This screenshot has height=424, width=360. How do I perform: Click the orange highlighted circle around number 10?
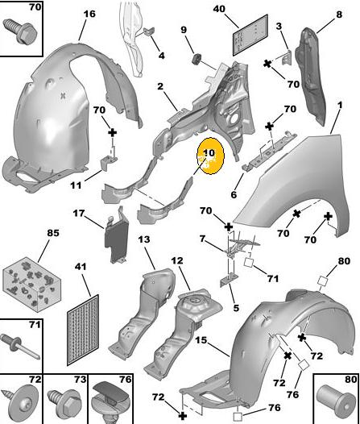(211, 156)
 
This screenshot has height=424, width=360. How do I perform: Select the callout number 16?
(89, 14)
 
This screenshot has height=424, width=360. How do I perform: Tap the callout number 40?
(219, 9)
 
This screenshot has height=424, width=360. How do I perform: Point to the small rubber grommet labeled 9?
(197, 59)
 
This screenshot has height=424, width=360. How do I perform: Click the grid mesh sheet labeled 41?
(83, 330)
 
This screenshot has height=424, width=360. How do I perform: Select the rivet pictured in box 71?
(20, 346)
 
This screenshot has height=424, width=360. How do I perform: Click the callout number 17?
(79, 214)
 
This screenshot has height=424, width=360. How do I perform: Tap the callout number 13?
(144, 239)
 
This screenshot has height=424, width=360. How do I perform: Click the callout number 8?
(339, 14)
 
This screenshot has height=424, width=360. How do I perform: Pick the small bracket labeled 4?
(148, 31)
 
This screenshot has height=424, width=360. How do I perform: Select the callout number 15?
(201, 340)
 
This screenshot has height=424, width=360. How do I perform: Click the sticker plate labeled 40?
(250, 35)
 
